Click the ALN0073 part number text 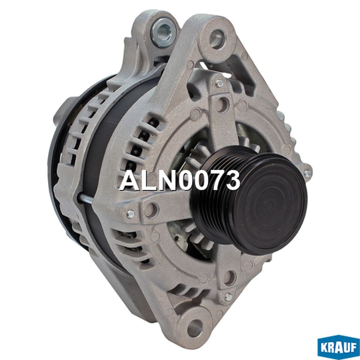pyautogui.click(x=180, y=180)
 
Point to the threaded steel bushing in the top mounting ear pyautogui.click(x=164, y=32)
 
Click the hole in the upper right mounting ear pyautogui.click(x=217, y=38)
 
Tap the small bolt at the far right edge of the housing pyautogui.click(x=307, y=174)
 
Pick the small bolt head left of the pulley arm pyautogui.click(x=130, y=214)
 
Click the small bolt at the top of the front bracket pyautogui.click(x=219, y=83)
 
